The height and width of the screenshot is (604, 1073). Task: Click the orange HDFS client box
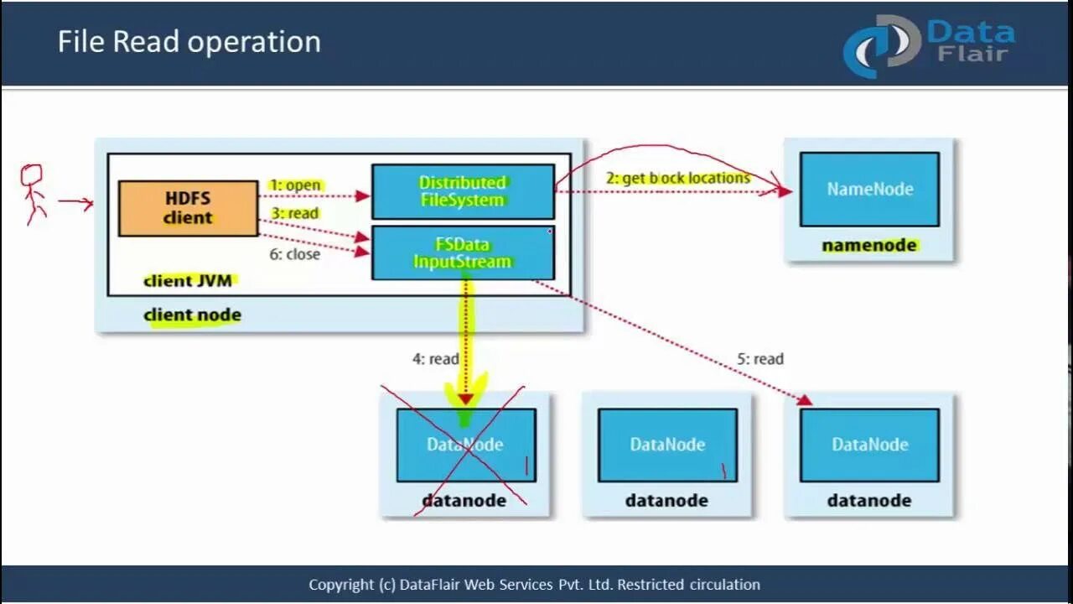(x=188, y=208)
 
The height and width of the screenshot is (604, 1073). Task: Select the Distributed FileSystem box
(x=463, y=191)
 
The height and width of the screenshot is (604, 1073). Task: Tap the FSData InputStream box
(x=463, y=253)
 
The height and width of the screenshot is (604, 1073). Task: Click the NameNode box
(x=869, y=189)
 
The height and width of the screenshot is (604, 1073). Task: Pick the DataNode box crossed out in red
(x=465, y=445)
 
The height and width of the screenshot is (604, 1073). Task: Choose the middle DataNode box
(x=667, y=445)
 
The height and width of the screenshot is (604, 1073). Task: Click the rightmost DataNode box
(x=869, y=445)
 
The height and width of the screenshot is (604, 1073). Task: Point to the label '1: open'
(x=296, y=185)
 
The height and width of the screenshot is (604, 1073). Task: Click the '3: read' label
(x=294, y=213)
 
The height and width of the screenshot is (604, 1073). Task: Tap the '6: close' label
(x=294, y=253)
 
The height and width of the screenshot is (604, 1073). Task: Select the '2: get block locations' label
(x=677, y=178)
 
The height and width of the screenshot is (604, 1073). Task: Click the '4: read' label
(x=435, y=359)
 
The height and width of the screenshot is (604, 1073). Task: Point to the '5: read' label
(x=760, y=359)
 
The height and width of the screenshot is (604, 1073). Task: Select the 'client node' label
(x=192, y=315)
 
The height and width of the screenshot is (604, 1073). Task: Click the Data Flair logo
(x=929, y=44)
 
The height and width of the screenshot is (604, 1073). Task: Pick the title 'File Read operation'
(x=189, y=42)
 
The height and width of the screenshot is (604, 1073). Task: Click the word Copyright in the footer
(x=341, y=585)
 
